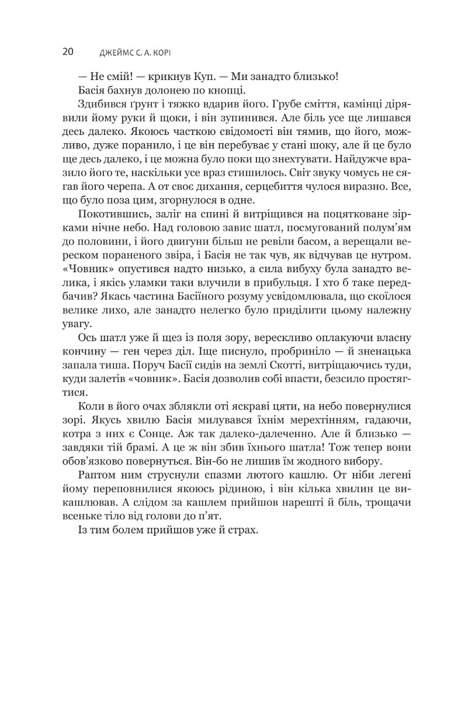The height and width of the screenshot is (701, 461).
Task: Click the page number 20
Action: click(x=67, y=51)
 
